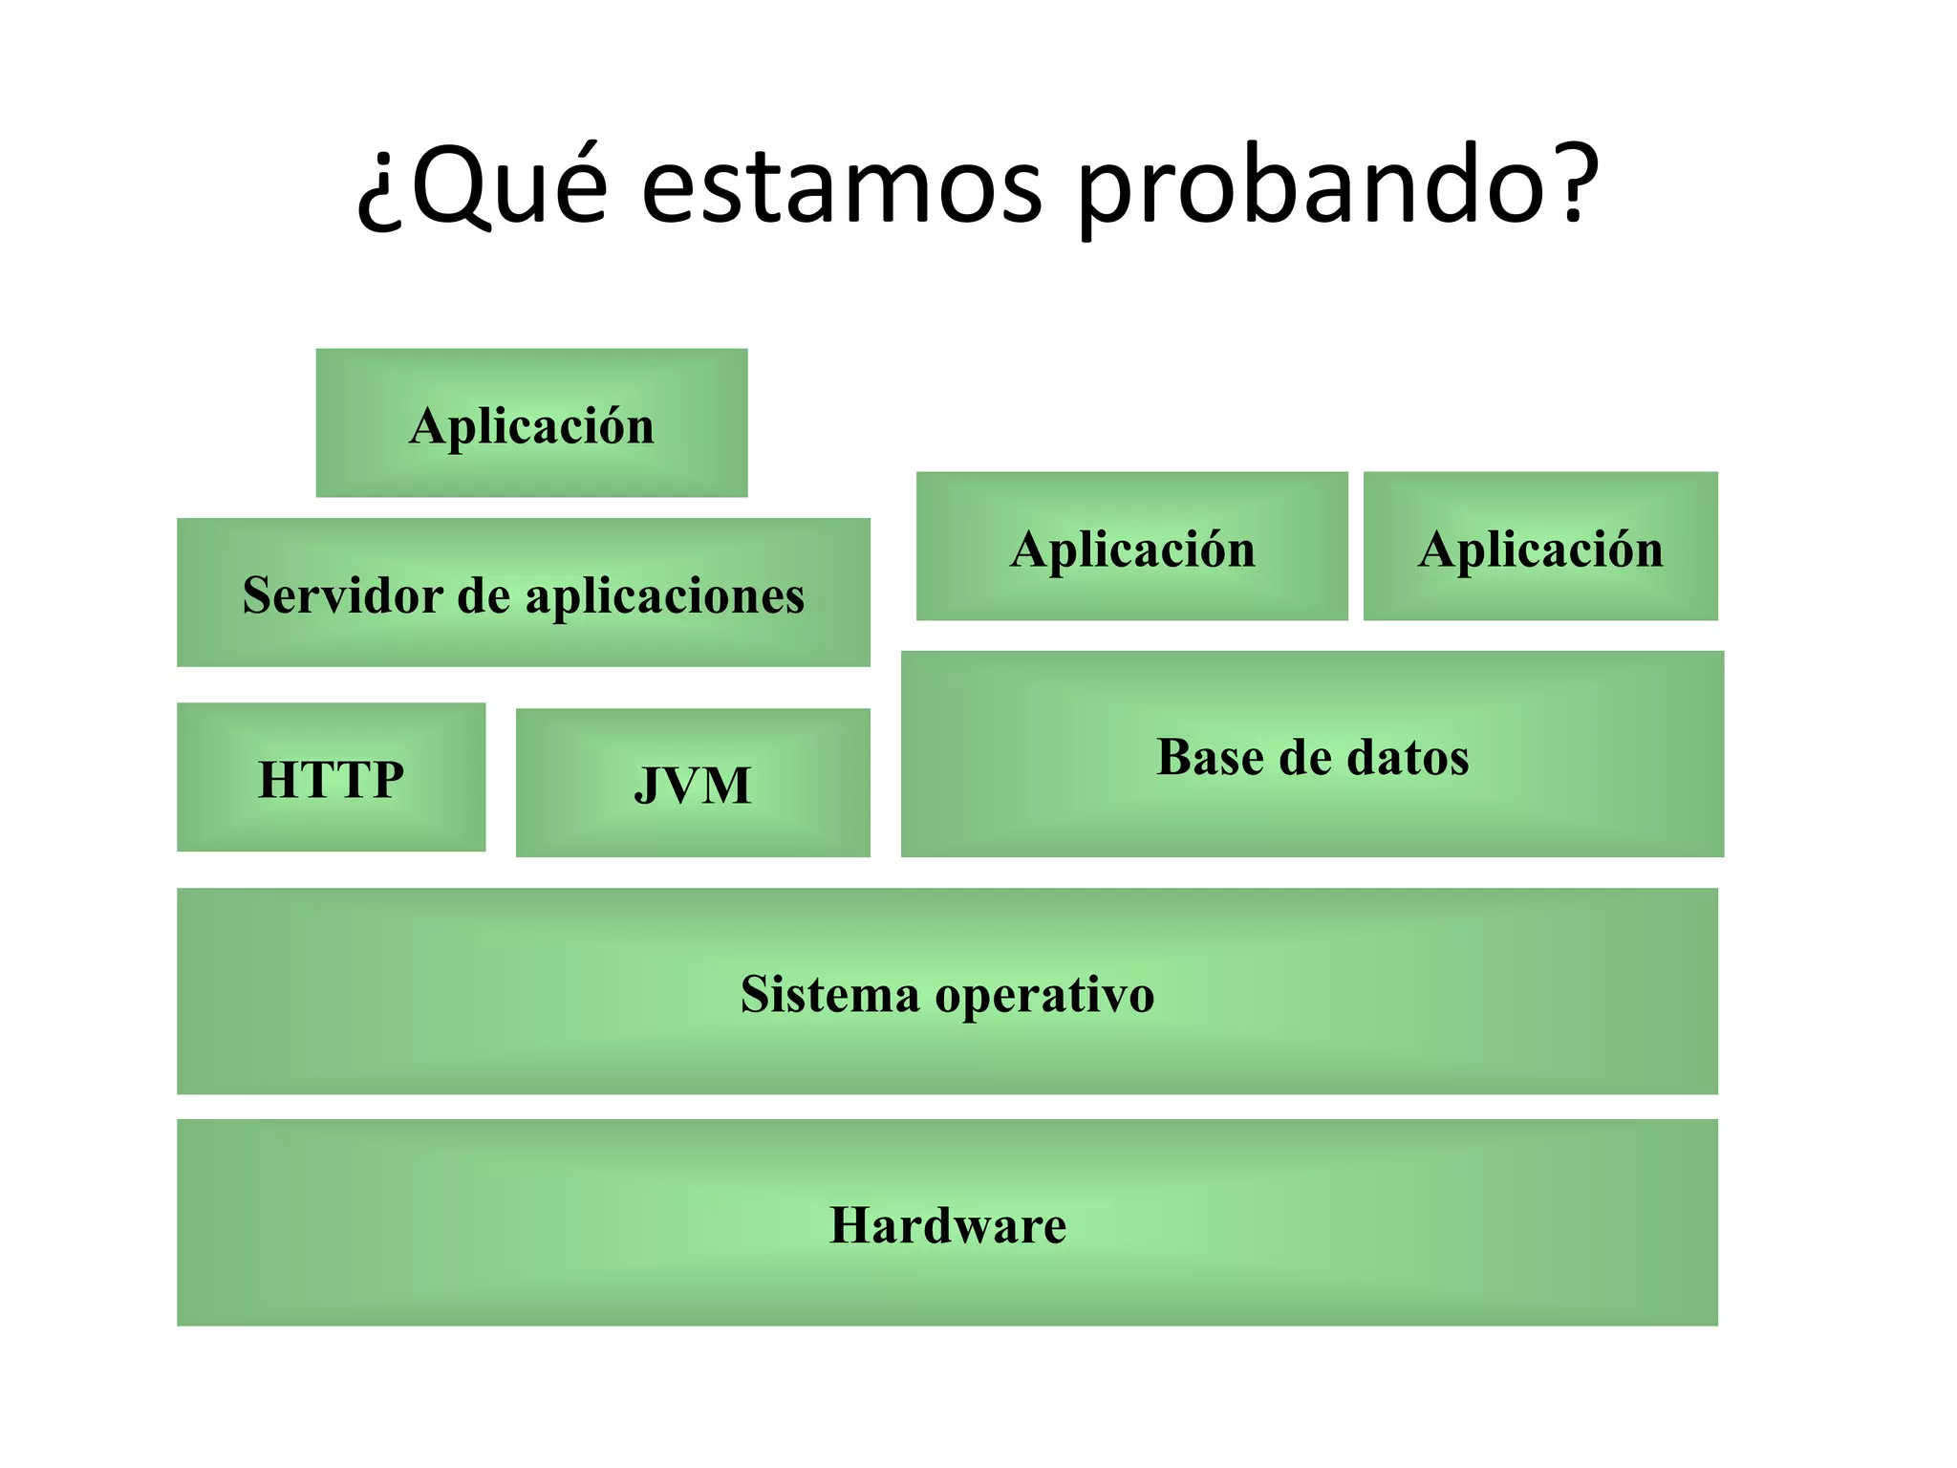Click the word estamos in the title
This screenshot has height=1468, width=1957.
point(841,186)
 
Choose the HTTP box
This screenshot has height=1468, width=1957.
point(331,777)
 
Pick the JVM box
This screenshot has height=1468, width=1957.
point(693,783)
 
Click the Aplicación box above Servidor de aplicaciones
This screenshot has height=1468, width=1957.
point(531,423)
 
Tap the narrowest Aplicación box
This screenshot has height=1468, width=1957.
point(1540,547)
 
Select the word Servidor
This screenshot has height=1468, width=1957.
point(342,594)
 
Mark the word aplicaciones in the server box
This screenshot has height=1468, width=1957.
point(665,596)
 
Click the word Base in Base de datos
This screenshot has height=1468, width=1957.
point(1210,757)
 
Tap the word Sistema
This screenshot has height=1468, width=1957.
point(829,994)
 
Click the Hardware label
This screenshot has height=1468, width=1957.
point(947,1225)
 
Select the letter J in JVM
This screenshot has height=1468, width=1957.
point(647,786)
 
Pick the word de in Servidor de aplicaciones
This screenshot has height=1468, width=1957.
point(484,594)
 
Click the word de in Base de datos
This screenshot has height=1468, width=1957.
point(1305,757)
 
